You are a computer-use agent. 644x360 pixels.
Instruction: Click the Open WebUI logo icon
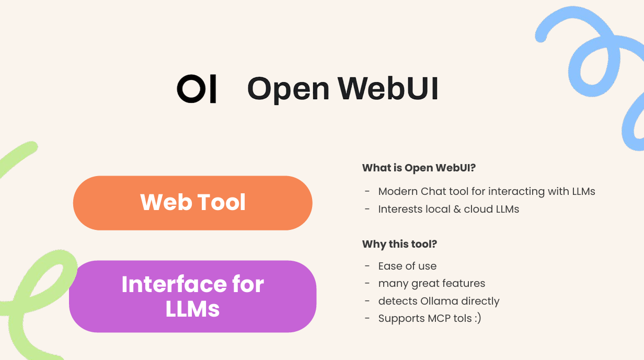[197, 89]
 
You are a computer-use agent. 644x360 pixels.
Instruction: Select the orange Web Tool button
[192, 203]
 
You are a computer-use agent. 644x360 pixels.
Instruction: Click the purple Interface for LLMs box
[192, 296]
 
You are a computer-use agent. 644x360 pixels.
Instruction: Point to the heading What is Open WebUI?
[419, 168]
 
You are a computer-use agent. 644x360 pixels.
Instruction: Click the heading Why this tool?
[400, 244]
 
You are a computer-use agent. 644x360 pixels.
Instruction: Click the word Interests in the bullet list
[400, 209]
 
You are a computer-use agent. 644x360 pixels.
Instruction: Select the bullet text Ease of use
[407, 266]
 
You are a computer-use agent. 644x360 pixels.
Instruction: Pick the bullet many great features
[432, 283]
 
